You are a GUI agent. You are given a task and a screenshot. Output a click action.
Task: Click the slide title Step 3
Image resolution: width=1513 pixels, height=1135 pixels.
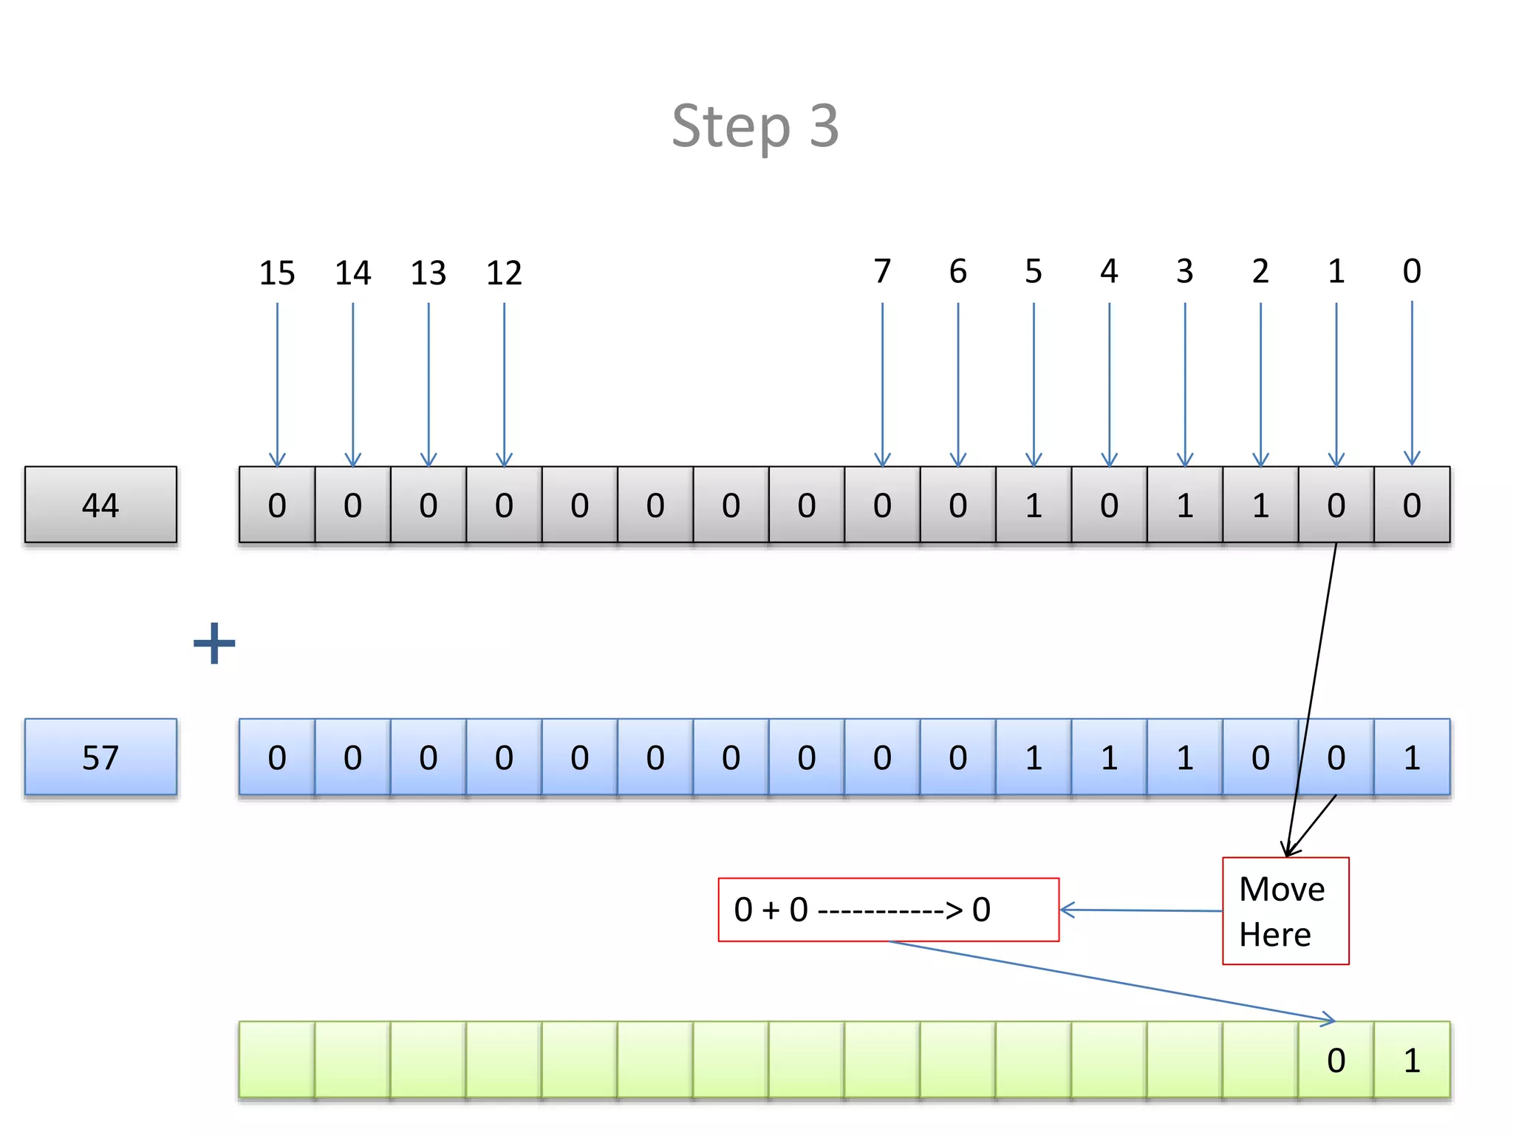pyautogui.click(x=755, y=126)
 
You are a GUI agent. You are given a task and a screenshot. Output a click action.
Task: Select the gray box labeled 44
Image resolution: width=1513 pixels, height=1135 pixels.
pyautogui.click(x=100, y=505)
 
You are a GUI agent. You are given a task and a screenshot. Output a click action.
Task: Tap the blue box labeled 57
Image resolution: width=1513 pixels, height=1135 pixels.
pyautogui.click(x=100, y=757)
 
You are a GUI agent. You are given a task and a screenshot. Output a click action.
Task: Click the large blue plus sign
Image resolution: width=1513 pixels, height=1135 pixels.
pyautogui.click(x=214, y=643)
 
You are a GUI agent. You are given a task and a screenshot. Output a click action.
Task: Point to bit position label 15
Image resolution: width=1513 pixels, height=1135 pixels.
pyautogui.click(x=277, y=273)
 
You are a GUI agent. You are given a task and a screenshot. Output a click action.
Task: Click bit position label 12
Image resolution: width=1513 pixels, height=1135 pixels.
pyautogui.click(x=504, y=273)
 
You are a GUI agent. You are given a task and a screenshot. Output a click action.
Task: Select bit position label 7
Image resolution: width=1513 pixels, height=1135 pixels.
pyautogui.click(x=882, y=272)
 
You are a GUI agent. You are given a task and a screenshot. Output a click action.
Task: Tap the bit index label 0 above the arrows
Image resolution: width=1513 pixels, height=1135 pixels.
pyautogui.click(x=1412, y=272)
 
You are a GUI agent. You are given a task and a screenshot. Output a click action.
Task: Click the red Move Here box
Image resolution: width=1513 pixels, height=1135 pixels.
pyautogui.click(x=1285, y=910)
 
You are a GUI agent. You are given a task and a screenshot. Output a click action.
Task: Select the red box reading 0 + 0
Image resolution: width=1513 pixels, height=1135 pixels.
pyautogui.click(x=888, y=910)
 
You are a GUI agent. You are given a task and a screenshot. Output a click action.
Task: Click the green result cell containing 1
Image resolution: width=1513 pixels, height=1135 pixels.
pyautogui.click(x=1412, y=1060)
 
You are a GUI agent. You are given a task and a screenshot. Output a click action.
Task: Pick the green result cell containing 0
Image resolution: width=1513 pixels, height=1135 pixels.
pyautogui.click(x=1336, y=1060)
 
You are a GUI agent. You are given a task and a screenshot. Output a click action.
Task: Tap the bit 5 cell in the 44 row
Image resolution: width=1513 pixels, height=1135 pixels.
pyautogui.click(x=1034, y=505)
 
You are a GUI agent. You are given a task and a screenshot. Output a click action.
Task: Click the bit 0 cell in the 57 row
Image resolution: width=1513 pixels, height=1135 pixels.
pyautogui.click(x=1412, y=757)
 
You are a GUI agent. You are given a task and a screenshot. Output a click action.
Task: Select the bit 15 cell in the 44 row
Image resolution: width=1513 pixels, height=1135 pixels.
pyautogui.click(x=277, y=505)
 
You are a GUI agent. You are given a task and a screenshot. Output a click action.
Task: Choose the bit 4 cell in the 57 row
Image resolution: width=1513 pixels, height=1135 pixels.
pyautogui.click(x=1109, y=757)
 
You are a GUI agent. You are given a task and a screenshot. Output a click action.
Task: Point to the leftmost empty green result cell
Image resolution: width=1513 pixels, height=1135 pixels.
pyautogui.click(x=277, y=1060)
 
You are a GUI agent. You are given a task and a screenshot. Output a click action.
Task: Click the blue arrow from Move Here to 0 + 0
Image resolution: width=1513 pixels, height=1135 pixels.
pyautogui.click(x=1141, y=910)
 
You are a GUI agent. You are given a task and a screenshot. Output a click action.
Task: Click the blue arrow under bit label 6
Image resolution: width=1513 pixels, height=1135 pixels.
pyautogui.click(x=958, y=384)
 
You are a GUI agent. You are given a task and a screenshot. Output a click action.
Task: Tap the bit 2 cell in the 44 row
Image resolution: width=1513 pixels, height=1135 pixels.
pyautogui.click(x=1260, y=505)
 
